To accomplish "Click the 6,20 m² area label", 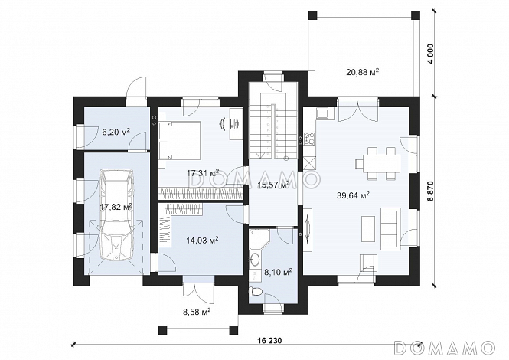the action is coord(116,132).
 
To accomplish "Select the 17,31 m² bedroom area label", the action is coord(202,172).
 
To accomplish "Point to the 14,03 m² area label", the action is coord(202,240).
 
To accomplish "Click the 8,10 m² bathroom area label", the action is coord(278,271).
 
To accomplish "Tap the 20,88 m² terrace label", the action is coord(363,72).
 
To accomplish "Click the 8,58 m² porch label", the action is coord(197,313).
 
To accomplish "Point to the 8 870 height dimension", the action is coord(430,192).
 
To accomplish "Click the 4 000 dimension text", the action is coord(431,54).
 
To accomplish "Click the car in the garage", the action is coord(116,214).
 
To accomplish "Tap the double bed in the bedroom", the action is coord(180,140).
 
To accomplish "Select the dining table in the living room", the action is coord(378,163).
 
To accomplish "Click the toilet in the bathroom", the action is coord(255,291).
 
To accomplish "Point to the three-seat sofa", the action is coord(390,228).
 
